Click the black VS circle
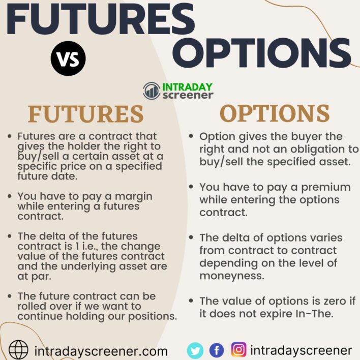click(x=68, y=58)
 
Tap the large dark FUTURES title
click(x=101, y=19)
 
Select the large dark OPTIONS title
click(x=262, y=53)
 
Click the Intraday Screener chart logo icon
click(x=152, y=91)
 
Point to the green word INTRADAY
click(x=187, y=87)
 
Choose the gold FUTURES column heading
click(x=85, y=114)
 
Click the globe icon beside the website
click(x=18, y=350)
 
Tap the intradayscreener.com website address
click(x=101, y=351)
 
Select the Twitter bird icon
click(x=195, y=350)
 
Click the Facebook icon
click(x=217, y=350)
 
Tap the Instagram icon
click(x=239, y=350)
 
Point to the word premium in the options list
click(x=326, y=188)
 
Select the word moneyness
click(x=232, y=276)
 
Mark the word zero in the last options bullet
click(x=335, y=301)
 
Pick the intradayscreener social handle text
click(x=301, y=351)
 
